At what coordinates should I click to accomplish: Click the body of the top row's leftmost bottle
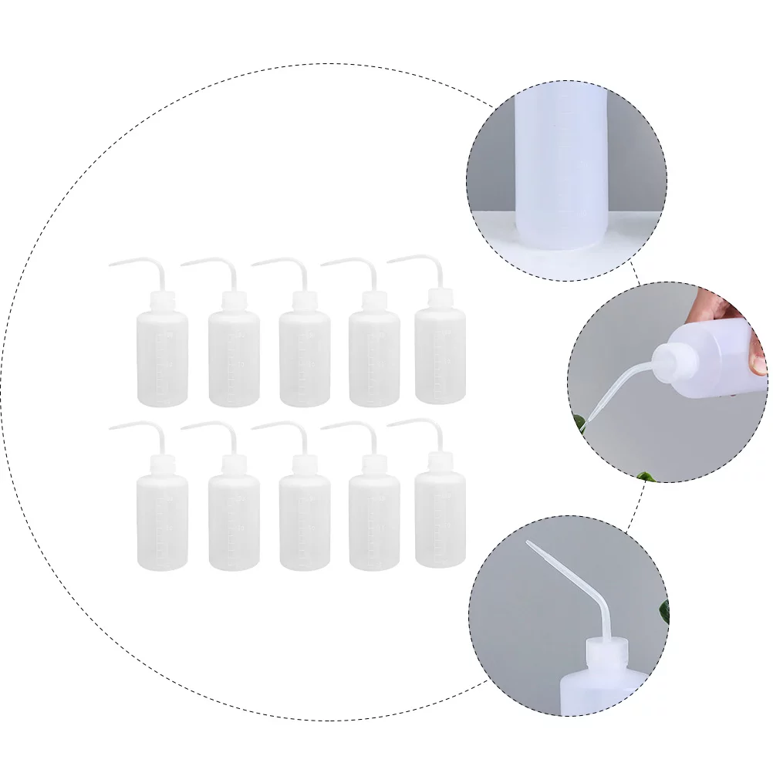click(162, 358)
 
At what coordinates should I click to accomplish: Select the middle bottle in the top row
click(304, 358)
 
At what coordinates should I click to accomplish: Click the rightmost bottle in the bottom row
click(440, 520)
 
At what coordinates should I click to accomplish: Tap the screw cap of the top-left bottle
click(162, 301)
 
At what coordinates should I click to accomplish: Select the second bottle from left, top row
click(234, 358)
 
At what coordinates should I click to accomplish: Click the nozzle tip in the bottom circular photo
click(529, 544)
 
